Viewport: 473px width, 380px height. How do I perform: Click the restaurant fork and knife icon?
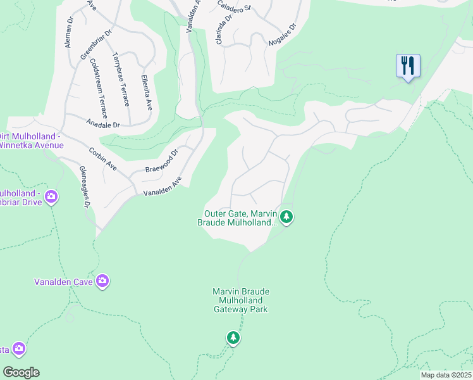tap(408, 65)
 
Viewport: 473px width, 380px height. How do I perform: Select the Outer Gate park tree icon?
tap(287, 218)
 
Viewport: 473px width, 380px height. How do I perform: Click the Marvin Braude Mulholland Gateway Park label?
tap(240, 300)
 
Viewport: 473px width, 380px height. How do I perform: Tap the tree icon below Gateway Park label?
tap(233, 338)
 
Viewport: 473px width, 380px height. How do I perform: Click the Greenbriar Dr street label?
tap(95, 43)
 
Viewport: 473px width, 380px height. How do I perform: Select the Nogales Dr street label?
tap(283, 35)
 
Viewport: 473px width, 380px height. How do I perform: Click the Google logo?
tap(21, 372)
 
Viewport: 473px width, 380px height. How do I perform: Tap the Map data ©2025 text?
tap(446, 375)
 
